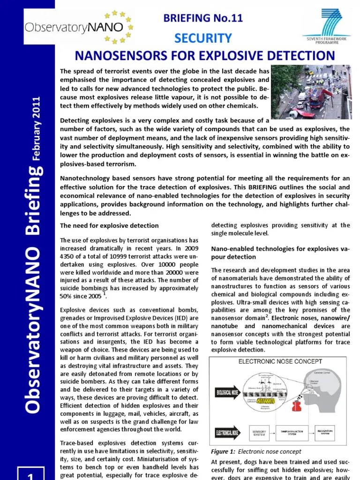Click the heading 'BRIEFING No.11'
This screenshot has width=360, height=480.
(x=203, y=18)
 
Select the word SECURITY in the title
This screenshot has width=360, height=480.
(x=203, y=38)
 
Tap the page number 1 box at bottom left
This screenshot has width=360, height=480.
(x=31, y=473)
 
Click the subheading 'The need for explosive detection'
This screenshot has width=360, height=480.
(x=109, y=225)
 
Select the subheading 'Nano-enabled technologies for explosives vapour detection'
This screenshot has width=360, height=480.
(x=280, y=253)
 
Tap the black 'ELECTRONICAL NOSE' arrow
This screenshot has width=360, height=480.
(x=227, y=432)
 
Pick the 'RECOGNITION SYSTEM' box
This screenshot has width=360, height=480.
(x=331, y=432)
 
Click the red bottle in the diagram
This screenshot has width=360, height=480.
(x=297, y=405)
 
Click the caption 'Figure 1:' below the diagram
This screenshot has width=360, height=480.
(x=223, y=452)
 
